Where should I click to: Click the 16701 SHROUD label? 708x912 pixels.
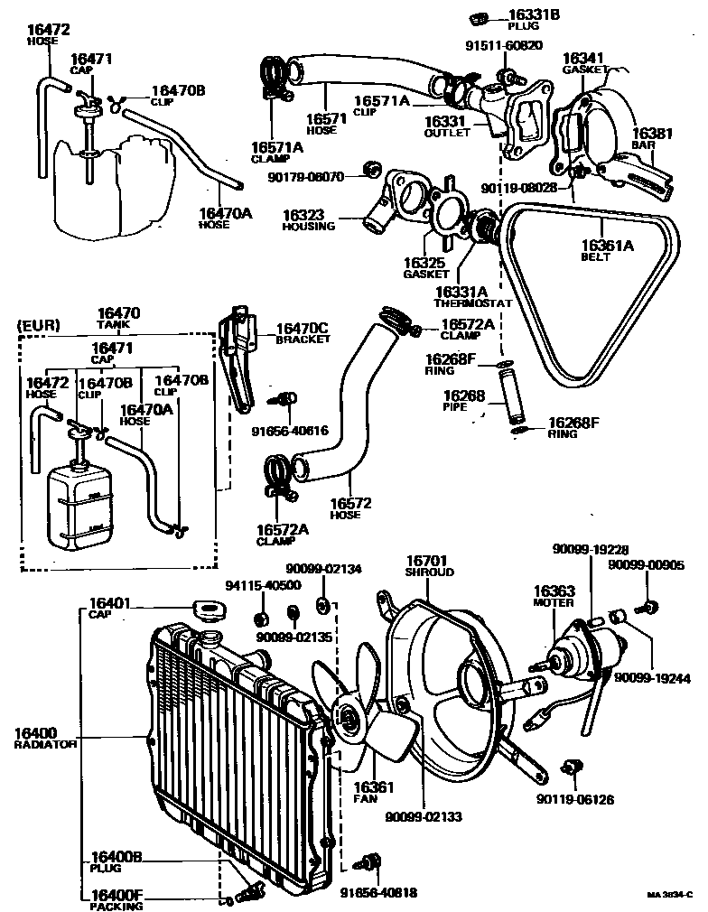pos(428,565)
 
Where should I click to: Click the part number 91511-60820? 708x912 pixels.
pos(503,45)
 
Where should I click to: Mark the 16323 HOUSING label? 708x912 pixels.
pos(308,219)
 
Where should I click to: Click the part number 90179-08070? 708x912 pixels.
pos(305,177)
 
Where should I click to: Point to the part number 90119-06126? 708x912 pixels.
pos(573,798)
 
